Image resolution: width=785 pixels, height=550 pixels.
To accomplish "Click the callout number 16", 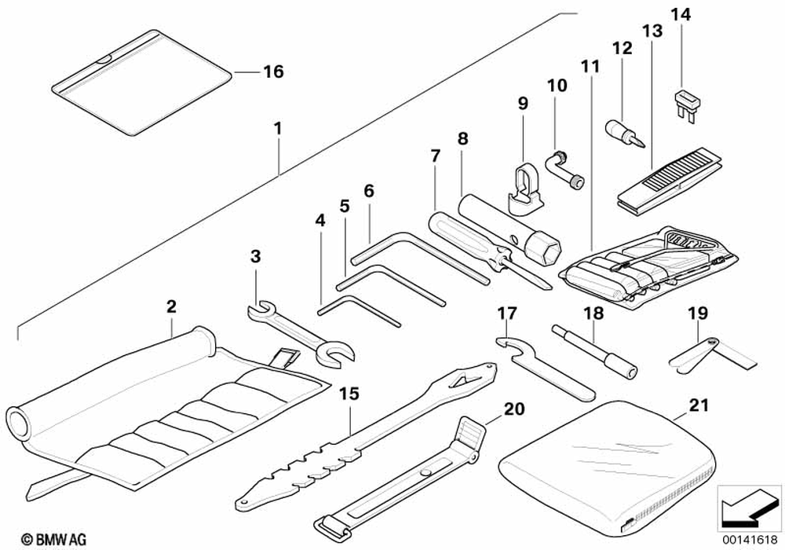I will click(272, 72).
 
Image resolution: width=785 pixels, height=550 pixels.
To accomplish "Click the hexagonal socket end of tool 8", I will click(546, 252).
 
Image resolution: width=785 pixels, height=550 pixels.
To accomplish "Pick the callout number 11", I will click(590, 66).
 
